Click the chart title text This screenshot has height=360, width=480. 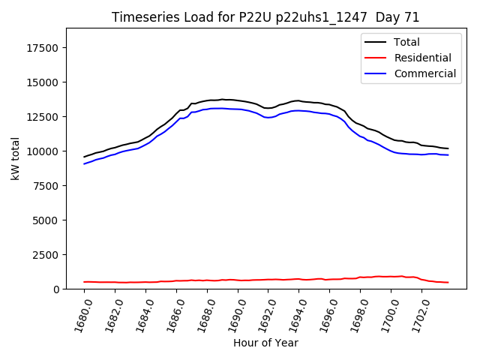pyautogui.click(x=265, y=17)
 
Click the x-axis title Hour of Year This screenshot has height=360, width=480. pyautogui.click(x=265, y=343)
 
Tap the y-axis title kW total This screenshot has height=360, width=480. pyautogui.click(x=15, y=157)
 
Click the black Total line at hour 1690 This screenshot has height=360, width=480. pyautogui.click(x=238, y=100)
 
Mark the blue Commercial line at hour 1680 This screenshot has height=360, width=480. pyautogui.click(x=85, y=163)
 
